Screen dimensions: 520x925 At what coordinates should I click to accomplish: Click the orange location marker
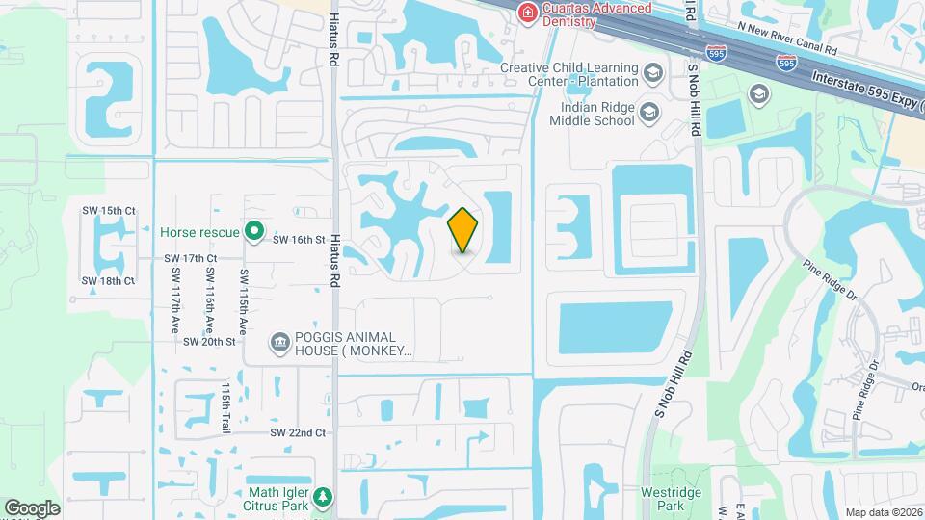[x=463, y=230]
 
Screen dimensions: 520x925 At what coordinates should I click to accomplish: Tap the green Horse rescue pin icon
[x=254, y=231]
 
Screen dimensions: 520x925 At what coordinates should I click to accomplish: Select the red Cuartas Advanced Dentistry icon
[x=527, y=13]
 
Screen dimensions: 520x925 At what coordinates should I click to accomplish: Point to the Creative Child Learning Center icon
[x=653, y=73]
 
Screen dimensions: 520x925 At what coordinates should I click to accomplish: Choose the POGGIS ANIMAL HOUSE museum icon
[x=280, y=342]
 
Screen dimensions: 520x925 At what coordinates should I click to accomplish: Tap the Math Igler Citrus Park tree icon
[x=325, y=497]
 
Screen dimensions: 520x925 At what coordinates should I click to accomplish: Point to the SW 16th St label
[x=300, y=239]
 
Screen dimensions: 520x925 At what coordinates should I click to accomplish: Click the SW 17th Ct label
[x=190, y=258]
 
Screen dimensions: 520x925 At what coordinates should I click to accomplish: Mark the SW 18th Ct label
[x=108, y=281]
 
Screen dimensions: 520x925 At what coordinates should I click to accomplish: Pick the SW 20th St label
[x=209, y=341]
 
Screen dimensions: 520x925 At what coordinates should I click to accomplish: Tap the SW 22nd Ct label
[x=298, y=433]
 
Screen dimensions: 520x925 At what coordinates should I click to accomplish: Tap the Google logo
[x=32, y=507]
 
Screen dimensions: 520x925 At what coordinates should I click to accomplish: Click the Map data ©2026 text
[x=883, y=512]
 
